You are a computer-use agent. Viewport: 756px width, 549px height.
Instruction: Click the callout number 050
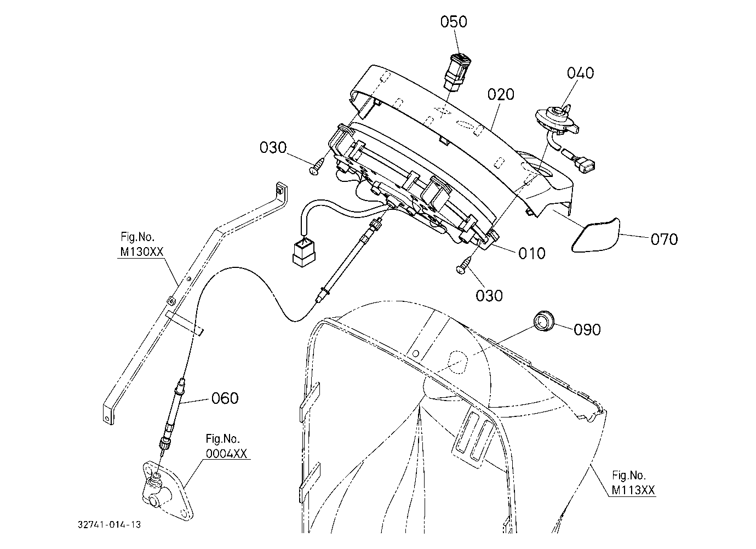coord(454,21)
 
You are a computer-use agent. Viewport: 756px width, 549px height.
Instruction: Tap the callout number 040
coord(580,73)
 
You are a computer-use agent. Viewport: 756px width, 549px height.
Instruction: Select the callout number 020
coord(501,94)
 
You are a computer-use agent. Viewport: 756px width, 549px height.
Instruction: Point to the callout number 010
coord(531,253)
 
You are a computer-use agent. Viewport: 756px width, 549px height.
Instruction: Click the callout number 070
coord(664,239)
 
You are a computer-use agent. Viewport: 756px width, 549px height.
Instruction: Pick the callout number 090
coord(587,329)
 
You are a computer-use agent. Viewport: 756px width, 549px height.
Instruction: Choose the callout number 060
coord(225,398)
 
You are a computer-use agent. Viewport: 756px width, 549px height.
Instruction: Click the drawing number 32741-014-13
coord(110,524)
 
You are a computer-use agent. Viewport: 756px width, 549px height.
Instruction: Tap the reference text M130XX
coord(142,251)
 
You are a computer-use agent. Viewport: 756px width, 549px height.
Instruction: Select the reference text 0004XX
coord(226,454)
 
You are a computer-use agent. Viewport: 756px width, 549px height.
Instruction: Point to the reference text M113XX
coord(633,490)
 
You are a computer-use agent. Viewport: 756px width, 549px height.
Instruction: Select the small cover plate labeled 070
coord(595,235)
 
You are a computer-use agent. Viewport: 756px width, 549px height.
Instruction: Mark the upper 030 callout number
coord(273,147)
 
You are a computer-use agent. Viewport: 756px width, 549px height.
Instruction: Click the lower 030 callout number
coord(489,296)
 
